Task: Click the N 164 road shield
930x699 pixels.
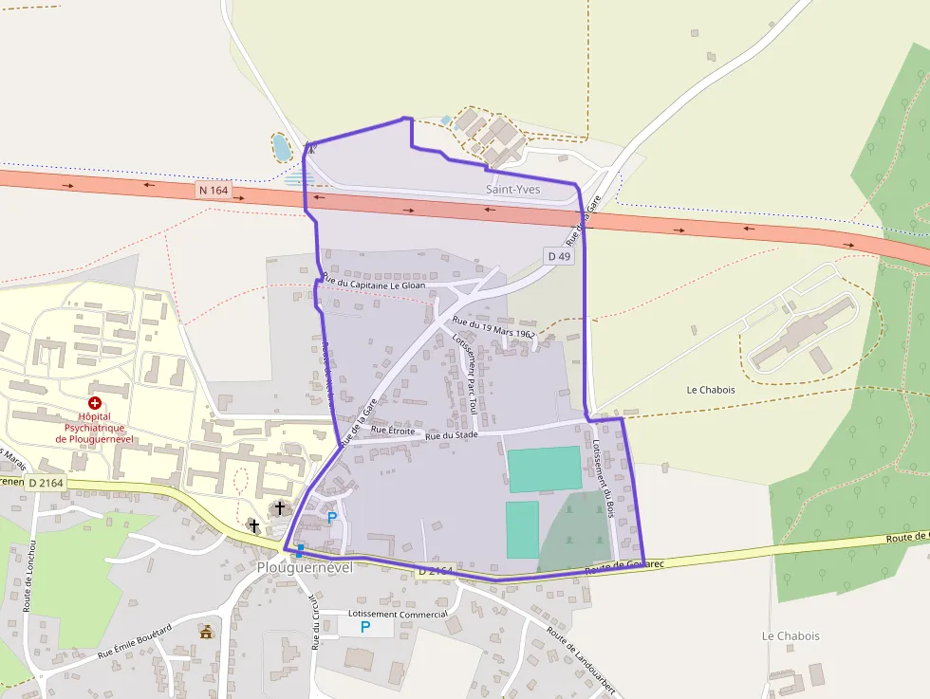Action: (x=214, y=190)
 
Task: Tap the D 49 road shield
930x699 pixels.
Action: (x=559, y=256)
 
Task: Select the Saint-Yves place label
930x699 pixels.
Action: (x=512, y=190)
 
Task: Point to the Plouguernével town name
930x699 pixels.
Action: (x=304, y=567)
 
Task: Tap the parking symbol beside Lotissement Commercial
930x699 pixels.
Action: (x=364, y=627)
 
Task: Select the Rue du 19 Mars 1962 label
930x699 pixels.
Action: (x=493, y=328)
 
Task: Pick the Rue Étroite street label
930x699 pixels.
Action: (x=393, y=430)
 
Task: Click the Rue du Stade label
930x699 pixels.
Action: (x=451, y=436)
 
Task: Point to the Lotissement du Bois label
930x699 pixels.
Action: (x=602, y=478)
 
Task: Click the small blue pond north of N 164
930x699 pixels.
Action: (x=281, y=147)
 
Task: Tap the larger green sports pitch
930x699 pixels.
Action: (x=544, y=469)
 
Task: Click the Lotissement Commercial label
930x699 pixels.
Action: (x=398, y=614)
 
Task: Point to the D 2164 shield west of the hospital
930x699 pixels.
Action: (x=46, y=484)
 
